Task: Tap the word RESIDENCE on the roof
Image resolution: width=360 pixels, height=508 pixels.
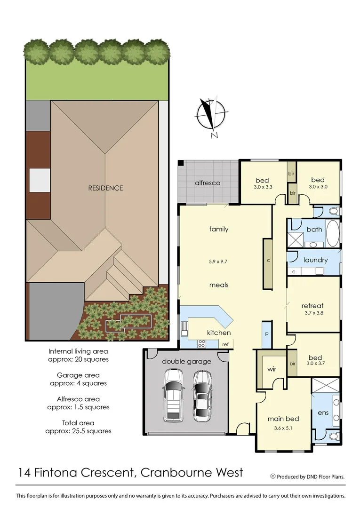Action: (105, 188)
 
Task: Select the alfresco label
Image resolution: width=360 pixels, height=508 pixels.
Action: (208, 183)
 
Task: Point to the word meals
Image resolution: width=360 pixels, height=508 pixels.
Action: (219, 285)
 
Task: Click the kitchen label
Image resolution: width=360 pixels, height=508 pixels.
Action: (219, 333)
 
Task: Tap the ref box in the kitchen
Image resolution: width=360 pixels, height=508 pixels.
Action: (225, 345)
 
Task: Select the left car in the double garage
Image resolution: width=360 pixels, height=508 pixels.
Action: (173, 395)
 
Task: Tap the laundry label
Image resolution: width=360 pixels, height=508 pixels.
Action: (315, 260)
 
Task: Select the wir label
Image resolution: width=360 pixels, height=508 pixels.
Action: (272, 370)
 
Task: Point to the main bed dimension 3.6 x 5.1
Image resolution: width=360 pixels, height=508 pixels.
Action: (283, 428)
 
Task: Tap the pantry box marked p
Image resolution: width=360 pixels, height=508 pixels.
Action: (266, 333)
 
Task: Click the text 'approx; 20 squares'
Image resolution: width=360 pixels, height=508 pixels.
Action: (78, 359)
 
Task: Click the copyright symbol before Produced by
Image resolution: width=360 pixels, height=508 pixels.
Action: (272, 476)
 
